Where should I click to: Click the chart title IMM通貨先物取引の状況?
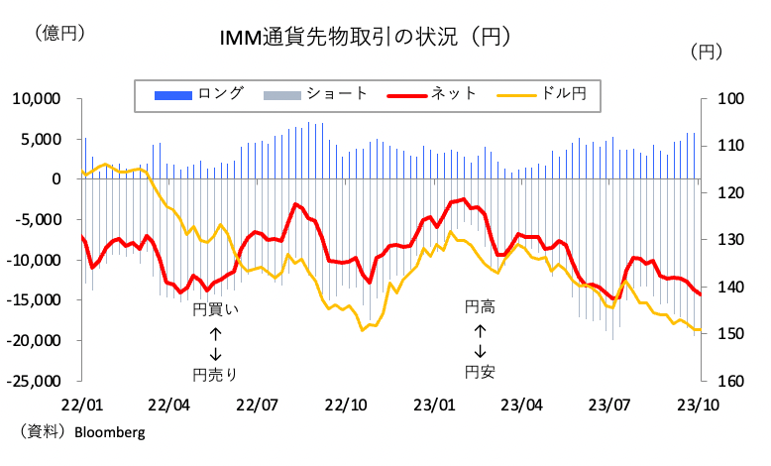(365, 39)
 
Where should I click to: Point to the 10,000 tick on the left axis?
(36, 99)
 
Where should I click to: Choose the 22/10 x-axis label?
(345, 405)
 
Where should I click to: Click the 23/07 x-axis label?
(609, 405)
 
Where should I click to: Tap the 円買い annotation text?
(216, 309)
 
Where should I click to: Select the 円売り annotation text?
(216, 374)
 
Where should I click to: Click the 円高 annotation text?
(481, 308)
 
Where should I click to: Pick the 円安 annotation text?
(481, 372)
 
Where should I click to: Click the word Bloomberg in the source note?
(108, 432)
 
